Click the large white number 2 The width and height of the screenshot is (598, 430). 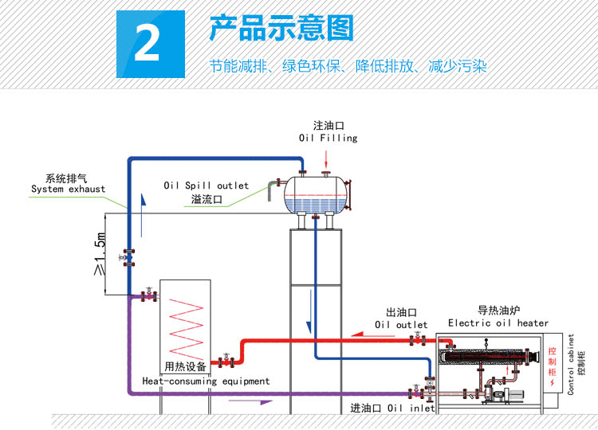pyautogui.click(x=148, y=45)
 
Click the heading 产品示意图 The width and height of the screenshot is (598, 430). pyautogui.click(x=281, y=29)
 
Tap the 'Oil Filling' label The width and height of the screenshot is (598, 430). pyautogui.click(x=328, y=138)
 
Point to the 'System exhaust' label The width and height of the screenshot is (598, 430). pyautogui.click(x=68, y=189)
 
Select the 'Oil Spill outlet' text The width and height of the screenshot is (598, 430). pyautogui.click(x=207, y=186)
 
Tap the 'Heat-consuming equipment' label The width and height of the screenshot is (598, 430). pyautogui.click(x=206, y=381)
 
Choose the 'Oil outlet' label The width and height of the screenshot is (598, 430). pyautogui.click(x=401, y=325)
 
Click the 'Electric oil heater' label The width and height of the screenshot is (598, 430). pyautogui.click(x=498, y=322)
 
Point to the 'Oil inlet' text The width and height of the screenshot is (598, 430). pyautogui.click(x=411, y=408)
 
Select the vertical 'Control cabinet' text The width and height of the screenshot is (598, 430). pyautogui.click(x=571, y=364)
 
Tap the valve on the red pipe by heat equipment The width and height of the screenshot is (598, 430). pyautogui.click(x=227, y=361)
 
